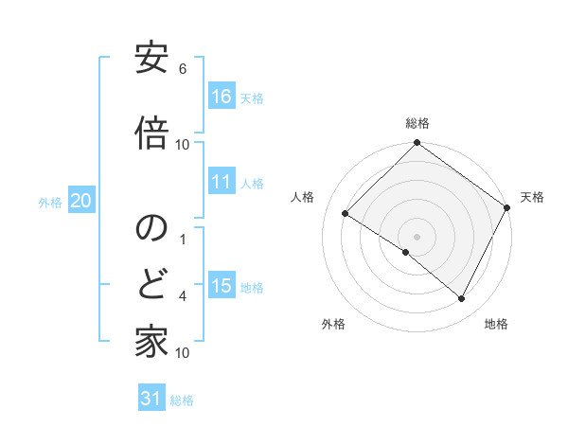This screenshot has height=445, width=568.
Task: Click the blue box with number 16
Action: [x=222, y=96]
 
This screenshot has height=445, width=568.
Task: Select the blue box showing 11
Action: [x=222, y=182]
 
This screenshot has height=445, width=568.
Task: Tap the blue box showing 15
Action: [x=222, y=286]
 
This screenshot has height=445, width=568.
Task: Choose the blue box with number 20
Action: [x=80, y=201]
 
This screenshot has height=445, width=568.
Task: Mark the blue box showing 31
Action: [x=151, y=399]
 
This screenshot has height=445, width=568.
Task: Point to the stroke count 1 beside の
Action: [x=183, y=239]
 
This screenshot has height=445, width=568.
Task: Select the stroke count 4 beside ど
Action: [x=183, y=296]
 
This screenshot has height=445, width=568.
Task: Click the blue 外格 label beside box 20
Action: [x=50, y=202]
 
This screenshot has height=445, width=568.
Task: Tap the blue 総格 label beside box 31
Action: [x=182, y=400]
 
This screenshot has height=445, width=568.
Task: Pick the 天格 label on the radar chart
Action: [x=532, y=197]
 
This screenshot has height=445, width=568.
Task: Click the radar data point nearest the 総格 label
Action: [x=417, y=144]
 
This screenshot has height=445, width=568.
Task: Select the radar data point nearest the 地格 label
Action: [x=462, y=299]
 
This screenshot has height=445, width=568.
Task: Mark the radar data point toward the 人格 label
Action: [x=346, y=214]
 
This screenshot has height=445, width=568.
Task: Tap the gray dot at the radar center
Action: [x=417, y=236]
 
